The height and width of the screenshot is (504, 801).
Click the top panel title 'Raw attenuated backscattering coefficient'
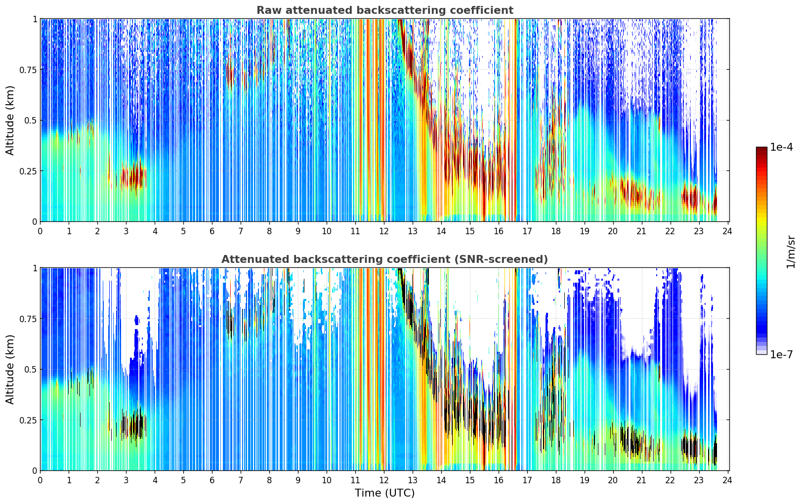coord(385,10)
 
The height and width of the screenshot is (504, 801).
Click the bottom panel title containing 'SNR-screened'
coord(385,259)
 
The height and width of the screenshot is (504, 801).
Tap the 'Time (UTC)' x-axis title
coord(385,493)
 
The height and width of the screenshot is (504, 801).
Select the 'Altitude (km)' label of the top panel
coord(10,120)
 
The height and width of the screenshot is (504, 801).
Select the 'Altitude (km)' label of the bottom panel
coord(10,369)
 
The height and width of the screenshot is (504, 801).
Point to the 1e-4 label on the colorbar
coord(781,147)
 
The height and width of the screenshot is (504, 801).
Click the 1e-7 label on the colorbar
coord(781,355)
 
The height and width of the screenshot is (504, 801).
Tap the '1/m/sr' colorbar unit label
coord(791,252)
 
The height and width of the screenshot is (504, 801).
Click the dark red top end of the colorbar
coord(761,149)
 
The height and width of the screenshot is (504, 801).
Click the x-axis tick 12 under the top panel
coord(383,231)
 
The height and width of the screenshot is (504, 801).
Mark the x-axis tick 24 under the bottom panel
coord(727,480)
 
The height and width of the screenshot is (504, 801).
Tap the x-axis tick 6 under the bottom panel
coord(212,480)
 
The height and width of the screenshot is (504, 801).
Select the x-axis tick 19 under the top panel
coord(584,231)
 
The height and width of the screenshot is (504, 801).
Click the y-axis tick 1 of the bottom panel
coord(35,268)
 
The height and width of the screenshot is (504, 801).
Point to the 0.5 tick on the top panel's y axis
coord(30,121)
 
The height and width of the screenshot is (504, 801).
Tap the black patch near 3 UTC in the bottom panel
coord(133,425)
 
